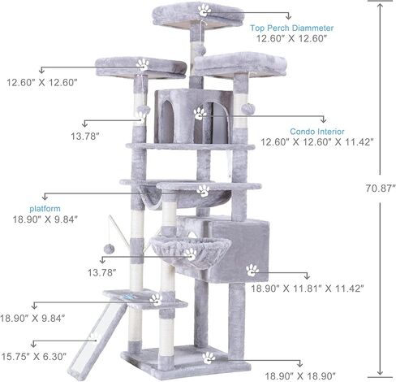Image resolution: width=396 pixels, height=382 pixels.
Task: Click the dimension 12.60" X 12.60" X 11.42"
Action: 316,141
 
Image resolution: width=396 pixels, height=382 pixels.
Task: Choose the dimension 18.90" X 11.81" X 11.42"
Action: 307,288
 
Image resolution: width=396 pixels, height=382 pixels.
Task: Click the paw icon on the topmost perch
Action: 204,11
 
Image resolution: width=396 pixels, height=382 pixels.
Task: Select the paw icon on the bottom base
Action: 209,356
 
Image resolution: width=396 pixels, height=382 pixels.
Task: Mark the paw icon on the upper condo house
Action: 200,113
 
